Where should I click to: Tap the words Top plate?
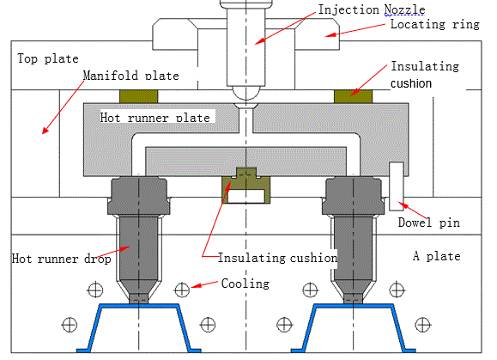click(x=47, y=59)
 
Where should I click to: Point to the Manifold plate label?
click(x=130, y=76)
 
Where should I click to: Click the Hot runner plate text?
click(x=155, y=116)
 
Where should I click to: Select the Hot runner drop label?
click(x=56, y=258)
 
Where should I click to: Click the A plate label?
click(x=436, y=256)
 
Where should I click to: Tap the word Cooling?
click(x=245, y=284)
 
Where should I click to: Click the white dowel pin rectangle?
click(x=396, y=186)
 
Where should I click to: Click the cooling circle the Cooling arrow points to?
click(x=181, y=288)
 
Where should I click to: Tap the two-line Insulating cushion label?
click(x=424, y=75)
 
